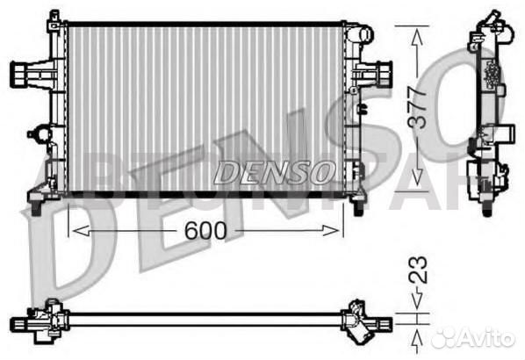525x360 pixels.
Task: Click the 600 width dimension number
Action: click(205, 230)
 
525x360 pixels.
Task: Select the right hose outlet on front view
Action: click(384, 72)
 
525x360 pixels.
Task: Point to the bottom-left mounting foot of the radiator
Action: click(35, 206)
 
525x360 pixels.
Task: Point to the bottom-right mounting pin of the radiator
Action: click(358, 208)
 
